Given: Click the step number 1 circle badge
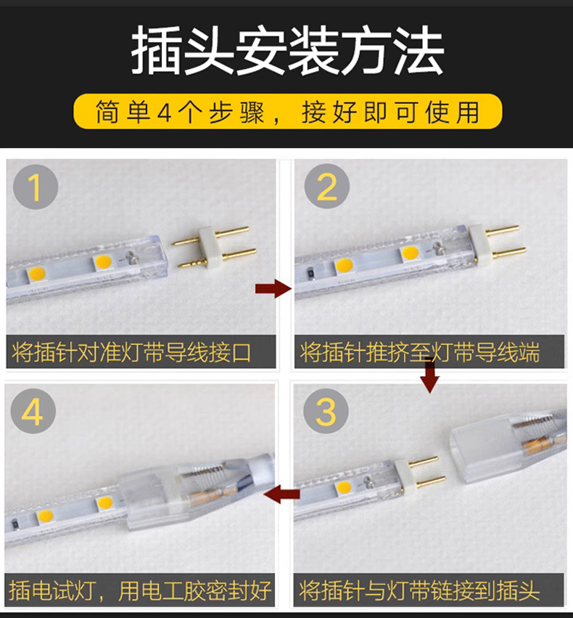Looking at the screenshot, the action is (36, 187).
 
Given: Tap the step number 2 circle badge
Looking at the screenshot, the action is (326, 186).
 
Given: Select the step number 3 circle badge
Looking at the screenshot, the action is (326, 412).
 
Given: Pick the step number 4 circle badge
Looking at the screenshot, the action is (33, 411).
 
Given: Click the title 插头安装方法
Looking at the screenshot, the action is (288, 50).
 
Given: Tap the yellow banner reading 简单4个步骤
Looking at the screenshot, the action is (288, 112).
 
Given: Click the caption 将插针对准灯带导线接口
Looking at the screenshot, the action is (131, 352).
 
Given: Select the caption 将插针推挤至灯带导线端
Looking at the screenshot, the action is (419, 352).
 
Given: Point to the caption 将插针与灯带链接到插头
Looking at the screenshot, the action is (419, 590).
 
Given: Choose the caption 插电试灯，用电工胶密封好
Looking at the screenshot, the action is (140, 590).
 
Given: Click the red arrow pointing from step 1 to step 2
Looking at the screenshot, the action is (273, 288).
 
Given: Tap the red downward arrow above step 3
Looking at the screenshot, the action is (429, 376).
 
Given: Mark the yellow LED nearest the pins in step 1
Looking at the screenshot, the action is (103, 261).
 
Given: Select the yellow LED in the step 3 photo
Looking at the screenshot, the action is (343, 487).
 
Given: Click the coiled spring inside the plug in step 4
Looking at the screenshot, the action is (202, 471).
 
